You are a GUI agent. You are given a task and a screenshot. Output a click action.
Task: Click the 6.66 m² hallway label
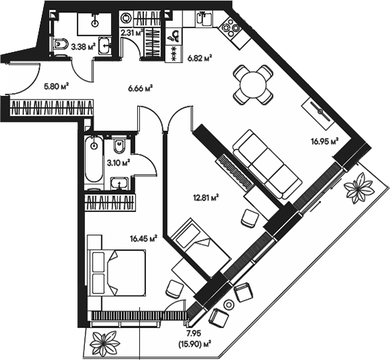click(x=140, y=87)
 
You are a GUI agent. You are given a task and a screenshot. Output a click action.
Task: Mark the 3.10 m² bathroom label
click(x=119, y=164)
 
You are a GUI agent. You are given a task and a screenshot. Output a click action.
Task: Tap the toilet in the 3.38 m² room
click(x=60, y=46)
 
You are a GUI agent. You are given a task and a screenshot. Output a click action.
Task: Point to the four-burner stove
click(x=228, y=30)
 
